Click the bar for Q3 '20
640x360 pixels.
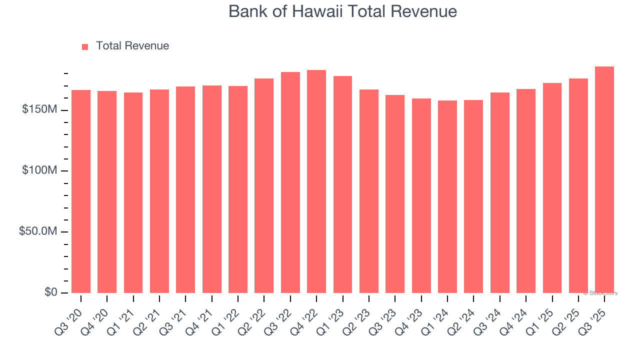(x=81, y=191)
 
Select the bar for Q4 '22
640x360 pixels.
(x=316, y=181)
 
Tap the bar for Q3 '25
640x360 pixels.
(x=604, y=179)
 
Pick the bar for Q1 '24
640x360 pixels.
(x=447, y=196)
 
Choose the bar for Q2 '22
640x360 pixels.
(x=264, y=185)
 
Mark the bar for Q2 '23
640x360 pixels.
(x=369, y=191)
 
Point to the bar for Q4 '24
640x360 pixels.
(x=526, y=191)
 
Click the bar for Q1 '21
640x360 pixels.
(x=133, y=192)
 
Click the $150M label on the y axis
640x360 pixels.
(x=39, y=109)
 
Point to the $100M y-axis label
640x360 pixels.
(x=39, y=171)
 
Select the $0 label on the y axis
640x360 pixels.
(x=50, y=292)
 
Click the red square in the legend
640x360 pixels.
(x=85, y=46)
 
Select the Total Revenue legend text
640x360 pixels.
(x=132, y=46)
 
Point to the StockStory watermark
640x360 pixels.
(x=600, y=293)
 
